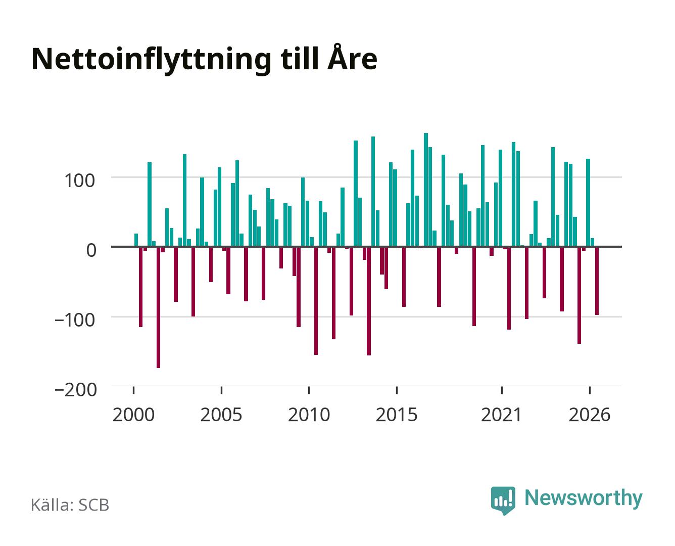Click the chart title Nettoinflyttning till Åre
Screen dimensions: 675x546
tap(205, 60)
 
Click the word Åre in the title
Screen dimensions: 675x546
tap(352, 57)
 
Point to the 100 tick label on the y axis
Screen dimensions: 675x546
tap(79, 180)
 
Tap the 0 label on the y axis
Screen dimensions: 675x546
tap(91, 250)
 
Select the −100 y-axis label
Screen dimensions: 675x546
tap(75, 320)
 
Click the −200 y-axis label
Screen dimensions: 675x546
tap(76, 390)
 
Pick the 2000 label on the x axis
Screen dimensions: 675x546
tap(133, 415)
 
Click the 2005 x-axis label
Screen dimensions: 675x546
tap(221, 415)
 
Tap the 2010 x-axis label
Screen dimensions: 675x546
tap(309, 415)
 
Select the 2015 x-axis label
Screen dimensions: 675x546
tap(397, 415)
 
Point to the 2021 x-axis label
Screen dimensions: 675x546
tap(501, 415)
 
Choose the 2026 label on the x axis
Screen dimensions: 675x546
tap(590, 415)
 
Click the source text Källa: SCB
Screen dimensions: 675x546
tap(70, 505)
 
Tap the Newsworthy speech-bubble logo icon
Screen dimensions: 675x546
tap(503, 500)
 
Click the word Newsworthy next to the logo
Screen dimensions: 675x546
tap(584, 498)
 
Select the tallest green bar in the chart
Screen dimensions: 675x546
tap(426, 190)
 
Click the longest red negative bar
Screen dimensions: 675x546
tap(159, 307)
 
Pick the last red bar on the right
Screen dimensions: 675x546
tap(597, 281)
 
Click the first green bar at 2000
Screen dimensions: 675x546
tap(136, 240)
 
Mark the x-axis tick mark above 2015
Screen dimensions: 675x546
tap(397, 390)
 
